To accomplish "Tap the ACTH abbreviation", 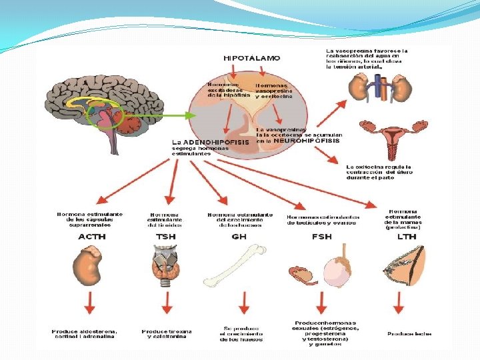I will [91, 237].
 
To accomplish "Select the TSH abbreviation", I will [166, 237].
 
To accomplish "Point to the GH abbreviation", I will [239, 237].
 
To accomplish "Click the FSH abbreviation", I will [323, 237].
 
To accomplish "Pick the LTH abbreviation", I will [406, 237].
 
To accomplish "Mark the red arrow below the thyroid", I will [167, 303].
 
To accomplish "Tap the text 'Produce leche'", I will [408, 333].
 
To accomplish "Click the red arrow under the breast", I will [399, 303].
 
